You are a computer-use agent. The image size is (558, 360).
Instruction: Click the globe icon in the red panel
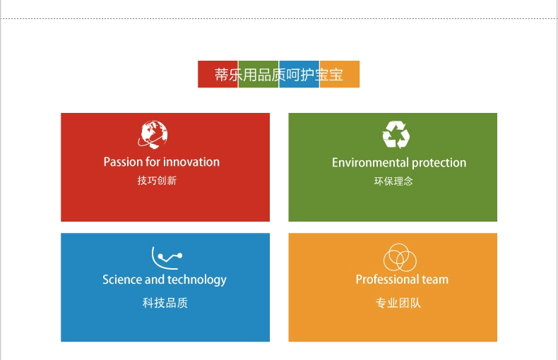click(x=153, y=134)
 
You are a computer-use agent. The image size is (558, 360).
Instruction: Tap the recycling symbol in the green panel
click(x=396, y=134)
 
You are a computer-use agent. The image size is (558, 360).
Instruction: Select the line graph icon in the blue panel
click(x=167, y=258)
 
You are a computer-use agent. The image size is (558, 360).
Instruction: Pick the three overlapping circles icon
click(x=400, y=258)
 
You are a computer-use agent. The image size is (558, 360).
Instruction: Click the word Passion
click(x=123, y=162)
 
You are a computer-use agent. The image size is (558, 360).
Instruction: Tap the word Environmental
click(x=370, y=163)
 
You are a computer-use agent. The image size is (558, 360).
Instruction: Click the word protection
click(x=439, y=163)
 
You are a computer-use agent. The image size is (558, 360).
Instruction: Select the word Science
click(x=122, y=280)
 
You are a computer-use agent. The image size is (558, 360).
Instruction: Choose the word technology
click(x=197, y=280)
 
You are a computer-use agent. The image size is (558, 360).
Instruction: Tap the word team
click(x=435, y=280)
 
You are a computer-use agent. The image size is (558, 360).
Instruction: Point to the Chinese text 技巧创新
click(x=157, y=181)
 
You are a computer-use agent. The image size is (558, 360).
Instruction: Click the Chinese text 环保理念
click(x=393, y=181)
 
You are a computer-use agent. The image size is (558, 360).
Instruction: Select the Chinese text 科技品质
click(x=165, y=303)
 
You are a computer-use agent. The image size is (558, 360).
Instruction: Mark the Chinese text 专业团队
click(x=398, y=303)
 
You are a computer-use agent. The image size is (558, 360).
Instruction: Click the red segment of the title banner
click(x=218, y=74)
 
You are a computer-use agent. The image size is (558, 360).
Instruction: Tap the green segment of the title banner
click(x=259, y=74)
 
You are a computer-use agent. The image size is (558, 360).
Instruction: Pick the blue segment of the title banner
click(x=299, y=74)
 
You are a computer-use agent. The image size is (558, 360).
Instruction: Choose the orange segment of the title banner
click(x=340, y=74)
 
